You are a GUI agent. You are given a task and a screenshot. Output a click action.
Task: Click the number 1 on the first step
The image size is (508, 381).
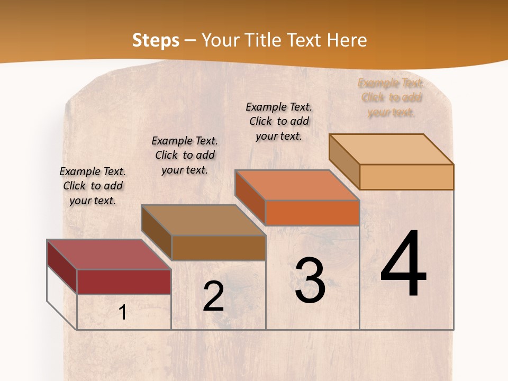pyautogui.click(x=123, y=313)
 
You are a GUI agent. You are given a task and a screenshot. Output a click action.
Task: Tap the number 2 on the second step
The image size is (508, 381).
pyautogui.click(x=213, y=296)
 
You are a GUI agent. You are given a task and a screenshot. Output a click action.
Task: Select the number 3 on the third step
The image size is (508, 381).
pyautogui.click(x=310, y=280)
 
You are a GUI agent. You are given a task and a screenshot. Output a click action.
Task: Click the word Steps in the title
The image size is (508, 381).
pyautogui.click(x=155, y=40)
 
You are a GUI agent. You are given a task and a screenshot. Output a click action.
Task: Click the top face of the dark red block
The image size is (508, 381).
pyautogui.click(x=108, y=255)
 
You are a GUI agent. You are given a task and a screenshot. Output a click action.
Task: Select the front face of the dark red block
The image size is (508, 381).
pyautogui.click(x=124, y=282)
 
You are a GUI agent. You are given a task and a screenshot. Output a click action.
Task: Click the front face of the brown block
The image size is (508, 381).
pyautogui.click(x=219, y=248)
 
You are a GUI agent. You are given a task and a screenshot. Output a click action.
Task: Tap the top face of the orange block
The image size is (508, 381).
pyautogui.click(x=297, y=185)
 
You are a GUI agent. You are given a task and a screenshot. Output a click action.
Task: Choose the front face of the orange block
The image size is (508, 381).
pyautogui.click(x=312, y=213)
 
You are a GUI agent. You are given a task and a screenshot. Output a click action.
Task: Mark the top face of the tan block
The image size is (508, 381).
pyautogui.click(x=392, y=149)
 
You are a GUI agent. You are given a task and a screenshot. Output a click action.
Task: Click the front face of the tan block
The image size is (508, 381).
pyautogui.click(x=406, y=177)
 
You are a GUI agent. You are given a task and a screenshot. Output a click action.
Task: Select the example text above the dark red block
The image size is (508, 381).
pyautogui.click(x=93, y=186)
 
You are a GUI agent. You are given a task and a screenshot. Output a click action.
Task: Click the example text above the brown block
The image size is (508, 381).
pyautogui.click(x=185, y=155)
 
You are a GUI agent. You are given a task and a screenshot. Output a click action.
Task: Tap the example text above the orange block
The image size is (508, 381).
pyautogui.click(x=279, y=121)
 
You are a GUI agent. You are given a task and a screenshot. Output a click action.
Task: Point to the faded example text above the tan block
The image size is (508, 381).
pyautogui.click(x=391, y=97)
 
